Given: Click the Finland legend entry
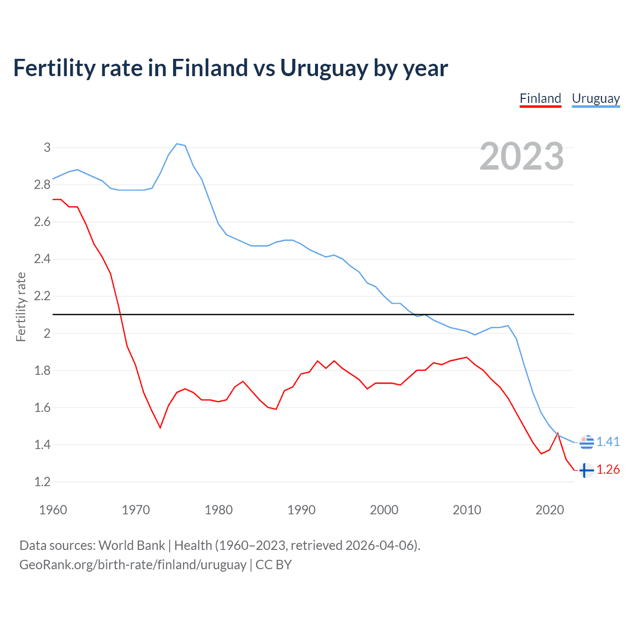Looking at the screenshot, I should [x=540, y=98].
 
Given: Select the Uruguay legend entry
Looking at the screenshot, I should [x=595, y=98].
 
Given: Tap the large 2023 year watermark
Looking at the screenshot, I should [x=522, y=156].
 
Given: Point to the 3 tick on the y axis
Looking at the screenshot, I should [x=47, y=147].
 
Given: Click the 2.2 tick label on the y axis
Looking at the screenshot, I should [x=43, y=296].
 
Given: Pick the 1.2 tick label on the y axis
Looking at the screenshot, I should [x=43, y=482].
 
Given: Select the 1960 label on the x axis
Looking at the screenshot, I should [x=53, y=510].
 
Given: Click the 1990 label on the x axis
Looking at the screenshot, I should [x=301, y=510].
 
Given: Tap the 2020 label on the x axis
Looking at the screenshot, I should [x=549, y=510].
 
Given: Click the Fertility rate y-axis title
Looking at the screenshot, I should [x=21, y=307].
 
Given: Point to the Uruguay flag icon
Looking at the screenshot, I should [x=587, y=442].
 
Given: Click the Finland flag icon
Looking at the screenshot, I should [x=587, y=470].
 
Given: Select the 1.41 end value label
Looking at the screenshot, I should [x=608, y=442].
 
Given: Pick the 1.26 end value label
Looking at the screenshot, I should [x=608, y=470].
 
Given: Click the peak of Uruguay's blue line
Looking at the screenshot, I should [x=177, y=144].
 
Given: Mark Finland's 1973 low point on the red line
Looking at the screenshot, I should [x=160, y=428].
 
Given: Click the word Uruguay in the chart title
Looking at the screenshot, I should [x=324, y=68].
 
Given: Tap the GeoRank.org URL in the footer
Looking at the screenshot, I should [x=133, y=565].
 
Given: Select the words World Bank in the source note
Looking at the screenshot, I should [x=132, y=545].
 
